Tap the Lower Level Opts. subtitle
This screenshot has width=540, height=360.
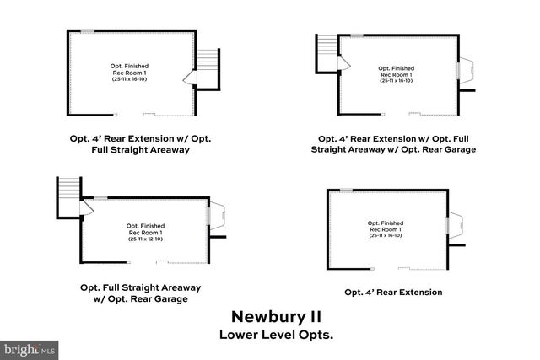[276, 335]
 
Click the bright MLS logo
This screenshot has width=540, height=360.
[29, 351]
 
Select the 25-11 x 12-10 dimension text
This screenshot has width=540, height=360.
[146, 239]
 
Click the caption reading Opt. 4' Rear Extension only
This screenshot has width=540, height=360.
[393, 293]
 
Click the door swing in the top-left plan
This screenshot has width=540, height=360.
[190, 78]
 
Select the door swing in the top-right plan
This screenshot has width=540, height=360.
[343, 63]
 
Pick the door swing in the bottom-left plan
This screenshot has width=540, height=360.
[86, 208]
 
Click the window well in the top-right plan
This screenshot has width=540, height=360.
[467, 71]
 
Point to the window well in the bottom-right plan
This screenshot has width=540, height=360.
[456, 225]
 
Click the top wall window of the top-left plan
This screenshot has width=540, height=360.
[88, 31]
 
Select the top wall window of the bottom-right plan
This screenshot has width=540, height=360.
[347, 190]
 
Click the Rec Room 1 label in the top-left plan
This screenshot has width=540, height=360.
[129, 73]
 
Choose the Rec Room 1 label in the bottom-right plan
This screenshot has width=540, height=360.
[386, 229]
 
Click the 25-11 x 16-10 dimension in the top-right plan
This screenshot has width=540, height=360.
[396, 81]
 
